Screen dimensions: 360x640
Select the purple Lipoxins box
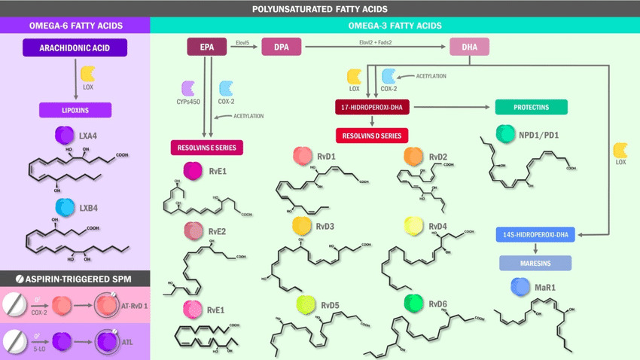pyautogui.click(x=75, y=110)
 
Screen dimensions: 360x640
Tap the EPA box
pyautogui.click(x=207, y=48)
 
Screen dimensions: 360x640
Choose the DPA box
pyautogui.click(x=281, y=48)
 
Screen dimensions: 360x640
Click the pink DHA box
pyautogui.click(x=470, y=48)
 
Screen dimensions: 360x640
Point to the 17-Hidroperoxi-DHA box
pyautogui.click(x=373, y=108)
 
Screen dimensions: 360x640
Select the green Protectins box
pyautogui.click(x=532, y=108)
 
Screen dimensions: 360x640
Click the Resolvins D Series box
pyautogui.click(x=372, y=136)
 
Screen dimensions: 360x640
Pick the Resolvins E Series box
pyautogui.click(x=206, y=148)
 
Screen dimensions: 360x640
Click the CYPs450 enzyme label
pyautogui.click(x=188, y=102)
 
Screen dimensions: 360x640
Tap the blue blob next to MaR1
pyautogui.click(x=520, y=286)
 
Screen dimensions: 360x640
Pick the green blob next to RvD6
pyautogui.click(x=413, y=304)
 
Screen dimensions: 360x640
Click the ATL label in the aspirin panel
pyautogui.click(x=128, y=340)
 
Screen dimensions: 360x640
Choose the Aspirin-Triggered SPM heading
pyautogui.click(x=75, y=279)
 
